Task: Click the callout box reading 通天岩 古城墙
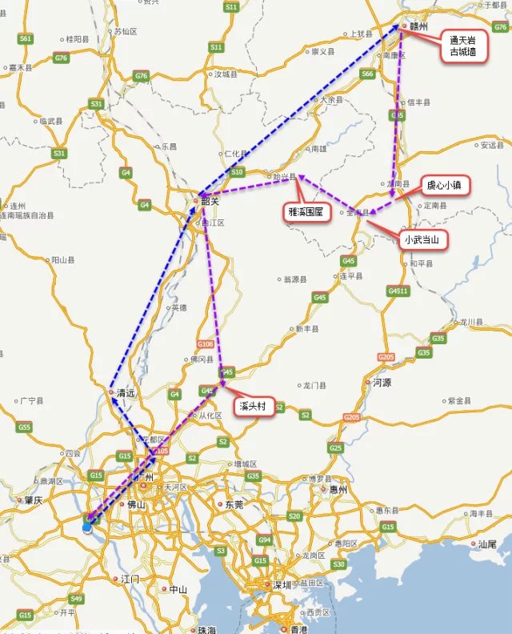[x=464, y=46]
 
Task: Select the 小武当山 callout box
[x=425, y=239]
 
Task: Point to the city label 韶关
[x=209, y=201]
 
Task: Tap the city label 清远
[x=125, y=393]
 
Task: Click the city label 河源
[x=382, y=383]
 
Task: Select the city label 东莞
[x=234, y=505]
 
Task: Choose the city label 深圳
[x=282, y=585]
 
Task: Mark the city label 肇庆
[x=32, y=500]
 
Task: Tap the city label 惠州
[x=338, y=489]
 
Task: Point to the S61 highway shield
[x=26, y=38]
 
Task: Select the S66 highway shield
[x=367, y=74]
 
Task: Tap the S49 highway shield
[x=76, y=599]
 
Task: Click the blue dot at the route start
[x=87, y=528]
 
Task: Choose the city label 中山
[x=177, y=589]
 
